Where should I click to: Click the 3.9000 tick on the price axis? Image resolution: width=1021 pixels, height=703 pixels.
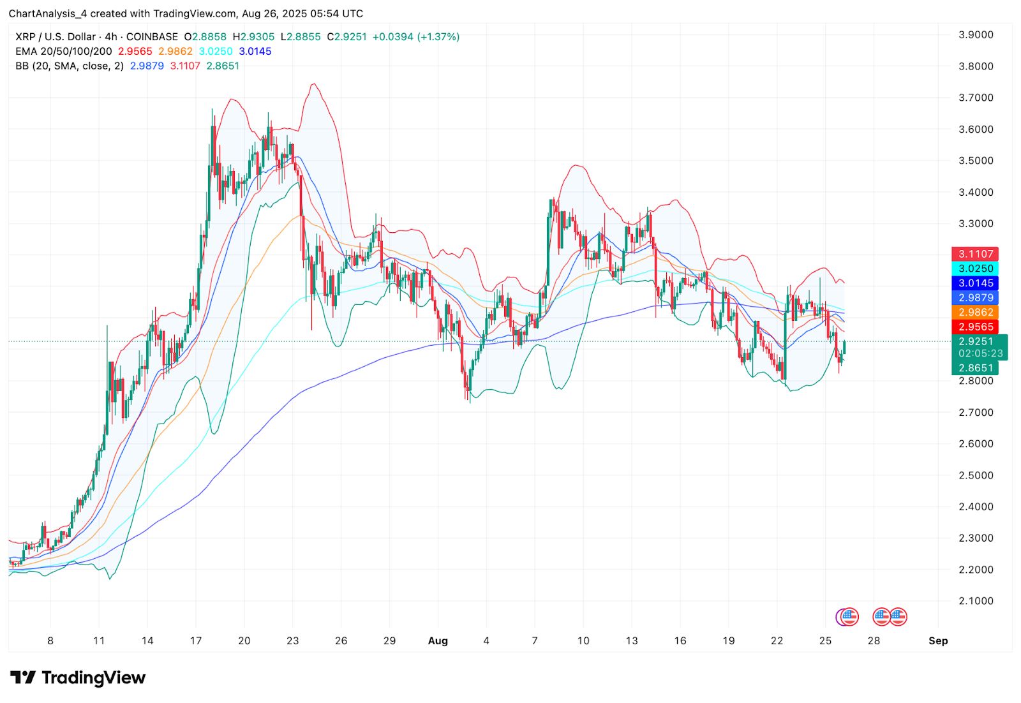[x=976, y=34]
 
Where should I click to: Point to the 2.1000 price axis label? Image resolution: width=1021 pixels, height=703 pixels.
[x=976, y=601]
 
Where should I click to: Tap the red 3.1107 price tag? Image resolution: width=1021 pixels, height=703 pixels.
[x=975, y=254]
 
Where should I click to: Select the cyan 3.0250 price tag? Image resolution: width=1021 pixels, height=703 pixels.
[x=975, y=269]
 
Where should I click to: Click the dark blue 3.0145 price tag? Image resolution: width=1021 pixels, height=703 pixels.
[x=975, y=283]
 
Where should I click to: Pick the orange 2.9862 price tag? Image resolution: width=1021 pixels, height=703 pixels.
[x=975, y=312]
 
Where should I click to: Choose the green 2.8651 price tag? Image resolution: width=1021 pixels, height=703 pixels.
[x=975, y=368]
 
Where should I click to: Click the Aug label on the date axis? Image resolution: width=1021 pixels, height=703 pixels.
[x=438, y=640]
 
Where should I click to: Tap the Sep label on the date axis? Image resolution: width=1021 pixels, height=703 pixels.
[x=938, y=640]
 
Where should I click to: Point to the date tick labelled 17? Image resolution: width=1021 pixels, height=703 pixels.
[x=196, y=640]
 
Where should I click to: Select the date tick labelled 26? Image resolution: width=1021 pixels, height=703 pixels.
[x=341, y=640]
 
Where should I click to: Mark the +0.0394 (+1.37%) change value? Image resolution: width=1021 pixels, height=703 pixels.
[x=416, y=37]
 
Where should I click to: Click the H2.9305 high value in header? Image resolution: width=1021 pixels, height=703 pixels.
[x=253, y=37]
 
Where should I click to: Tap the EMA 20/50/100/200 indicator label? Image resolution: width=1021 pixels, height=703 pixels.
[x=64, y=51]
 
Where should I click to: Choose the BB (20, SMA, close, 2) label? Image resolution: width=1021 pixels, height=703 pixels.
[x=70, y=66]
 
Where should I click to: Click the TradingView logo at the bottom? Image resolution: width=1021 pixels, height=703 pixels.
[x=78, y=677]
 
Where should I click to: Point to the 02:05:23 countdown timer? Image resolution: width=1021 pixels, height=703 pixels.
[x=980, y=353]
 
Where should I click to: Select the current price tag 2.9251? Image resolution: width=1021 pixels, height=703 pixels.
[x=975, y=341]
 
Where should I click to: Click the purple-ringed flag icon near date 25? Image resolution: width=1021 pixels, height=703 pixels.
[x=847, y=617]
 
